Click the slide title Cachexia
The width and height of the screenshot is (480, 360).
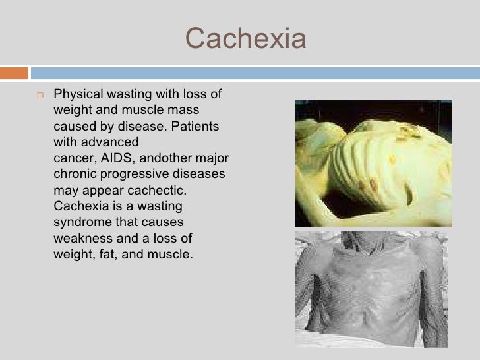pos(246,40)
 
